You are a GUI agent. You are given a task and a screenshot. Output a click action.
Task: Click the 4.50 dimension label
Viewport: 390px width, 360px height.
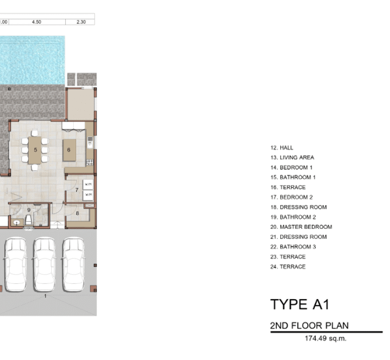[37, 22]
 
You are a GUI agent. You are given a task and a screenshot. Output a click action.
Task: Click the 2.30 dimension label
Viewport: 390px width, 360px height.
[81, 22]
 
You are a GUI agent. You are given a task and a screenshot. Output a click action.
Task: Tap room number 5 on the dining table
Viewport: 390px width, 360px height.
[35, 150]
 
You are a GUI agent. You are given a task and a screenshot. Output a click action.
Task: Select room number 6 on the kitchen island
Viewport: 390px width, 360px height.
[69, 150]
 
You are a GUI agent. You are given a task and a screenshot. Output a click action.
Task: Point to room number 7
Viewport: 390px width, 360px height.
[77, 190]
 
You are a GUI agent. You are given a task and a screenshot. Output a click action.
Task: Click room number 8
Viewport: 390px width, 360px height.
[77, 213]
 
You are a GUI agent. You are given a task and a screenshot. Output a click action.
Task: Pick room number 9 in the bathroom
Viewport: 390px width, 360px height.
[29, 210]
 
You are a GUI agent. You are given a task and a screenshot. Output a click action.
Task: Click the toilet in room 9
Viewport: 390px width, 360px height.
[29, 221]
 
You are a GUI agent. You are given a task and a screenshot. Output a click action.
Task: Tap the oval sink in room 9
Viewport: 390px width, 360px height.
[16, 222]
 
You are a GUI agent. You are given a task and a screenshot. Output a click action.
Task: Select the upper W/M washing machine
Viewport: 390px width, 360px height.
[88, 185]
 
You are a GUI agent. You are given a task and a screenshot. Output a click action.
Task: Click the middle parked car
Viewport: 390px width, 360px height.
[44, 264]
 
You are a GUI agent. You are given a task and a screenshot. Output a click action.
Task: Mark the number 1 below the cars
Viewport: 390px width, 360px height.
[45, 296]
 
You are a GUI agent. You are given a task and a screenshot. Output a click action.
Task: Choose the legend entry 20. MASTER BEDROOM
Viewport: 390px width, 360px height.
[301, 227]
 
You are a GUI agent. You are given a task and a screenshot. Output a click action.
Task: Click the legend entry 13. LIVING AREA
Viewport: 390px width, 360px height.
[292, 158]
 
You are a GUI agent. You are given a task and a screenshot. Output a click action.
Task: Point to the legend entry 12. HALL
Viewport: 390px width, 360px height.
[282, 147]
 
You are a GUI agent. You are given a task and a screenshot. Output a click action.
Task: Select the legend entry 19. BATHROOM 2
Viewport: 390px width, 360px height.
[293, 217]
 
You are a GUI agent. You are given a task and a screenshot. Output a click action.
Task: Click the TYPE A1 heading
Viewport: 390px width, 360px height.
[300, 305]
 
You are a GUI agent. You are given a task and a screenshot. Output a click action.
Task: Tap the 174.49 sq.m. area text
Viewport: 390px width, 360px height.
[325, 338]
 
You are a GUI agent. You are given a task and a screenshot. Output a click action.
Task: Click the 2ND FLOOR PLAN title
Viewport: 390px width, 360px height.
[310, 325]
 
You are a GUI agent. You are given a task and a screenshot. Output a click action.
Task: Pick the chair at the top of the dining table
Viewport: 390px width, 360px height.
[35, 133]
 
